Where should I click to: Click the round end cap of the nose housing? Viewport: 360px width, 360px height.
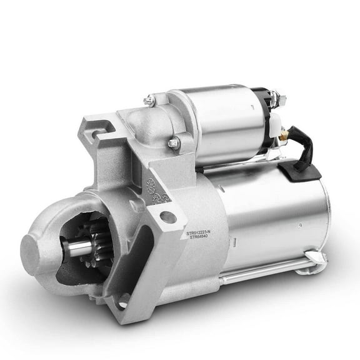pos(41,249)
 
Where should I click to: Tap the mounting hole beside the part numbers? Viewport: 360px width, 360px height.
pos(167,217)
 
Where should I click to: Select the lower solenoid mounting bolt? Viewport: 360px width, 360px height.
pos(174,144)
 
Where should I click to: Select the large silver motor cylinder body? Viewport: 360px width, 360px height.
pos(275,212)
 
